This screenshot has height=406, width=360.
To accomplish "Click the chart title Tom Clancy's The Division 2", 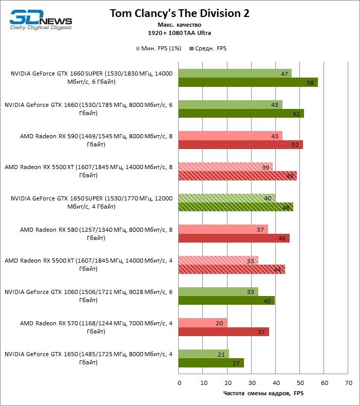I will click(x=180, y=14).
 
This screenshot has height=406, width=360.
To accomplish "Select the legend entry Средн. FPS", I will click(x=208, y=49).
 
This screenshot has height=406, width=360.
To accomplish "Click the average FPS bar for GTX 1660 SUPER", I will click(x=248, y=82).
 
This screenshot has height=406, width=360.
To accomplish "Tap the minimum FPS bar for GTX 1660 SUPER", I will click(x=235, y=73).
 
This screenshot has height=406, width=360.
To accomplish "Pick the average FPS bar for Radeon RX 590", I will click(x=240, y=145).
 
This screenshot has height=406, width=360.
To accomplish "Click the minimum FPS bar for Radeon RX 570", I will click(x=202, y=323).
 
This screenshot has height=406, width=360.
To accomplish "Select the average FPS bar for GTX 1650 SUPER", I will click(x=236, y=207).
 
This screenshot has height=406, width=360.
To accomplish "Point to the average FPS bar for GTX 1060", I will click(x=226, y=301).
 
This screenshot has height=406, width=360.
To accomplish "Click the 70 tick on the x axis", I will click(x=348, y=383).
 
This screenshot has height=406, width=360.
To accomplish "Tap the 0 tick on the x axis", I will click(x=179, y=383).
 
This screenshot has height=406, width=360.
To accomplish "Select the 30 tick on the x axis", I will click(x=252, y=383).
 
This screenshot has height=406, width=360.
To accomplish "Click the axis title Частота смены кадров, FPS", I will click(x=263, y=394).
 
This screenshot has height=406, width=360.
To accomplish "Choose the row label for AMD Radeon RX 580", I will click(x=95, y=233).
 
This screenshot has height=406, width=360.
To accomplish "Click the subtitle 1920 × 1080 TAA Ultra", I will click(x=180, y=33).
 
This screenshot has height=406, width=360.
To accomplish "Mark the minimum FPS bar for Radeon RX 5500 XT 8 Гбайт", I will click(x=225, y=167).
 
